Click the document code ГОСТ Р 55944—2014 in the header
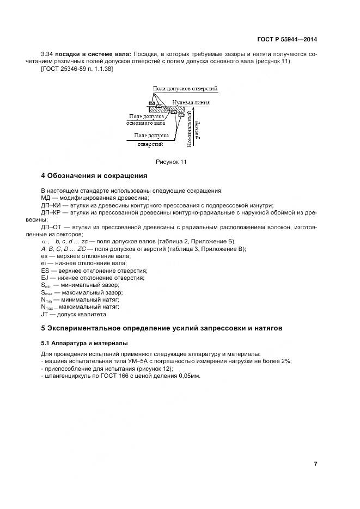pyautogui.click(x=286, y=40)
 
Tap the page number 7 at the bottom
pyautogui.click(x=315, y=464)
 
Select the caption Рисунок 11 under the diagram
pyautogui.click(x=170, y=162)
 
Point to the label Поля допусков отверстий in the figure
pyautogui.click(x=185, y=88)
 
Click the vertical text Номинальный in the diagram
pyautogui.click(x=188, y=128)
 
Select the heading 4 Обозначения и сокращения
pyautogui.click(x=94, y=176)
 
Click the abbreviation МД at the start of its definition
pyautogui.click(x=46, y=198)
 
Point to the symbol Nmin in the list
pyautogui.click(x=47, y=299)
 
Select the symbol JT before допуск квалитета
pyautogui.click(x=45, y=314)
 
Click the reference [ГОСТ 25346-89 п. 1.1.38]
pyautogui.click(x=77, y=68)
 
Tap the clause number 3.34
pyautogui.click(x=47, y=54)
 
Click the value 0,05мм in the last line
pyautogui.click(x=187, y=376)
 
